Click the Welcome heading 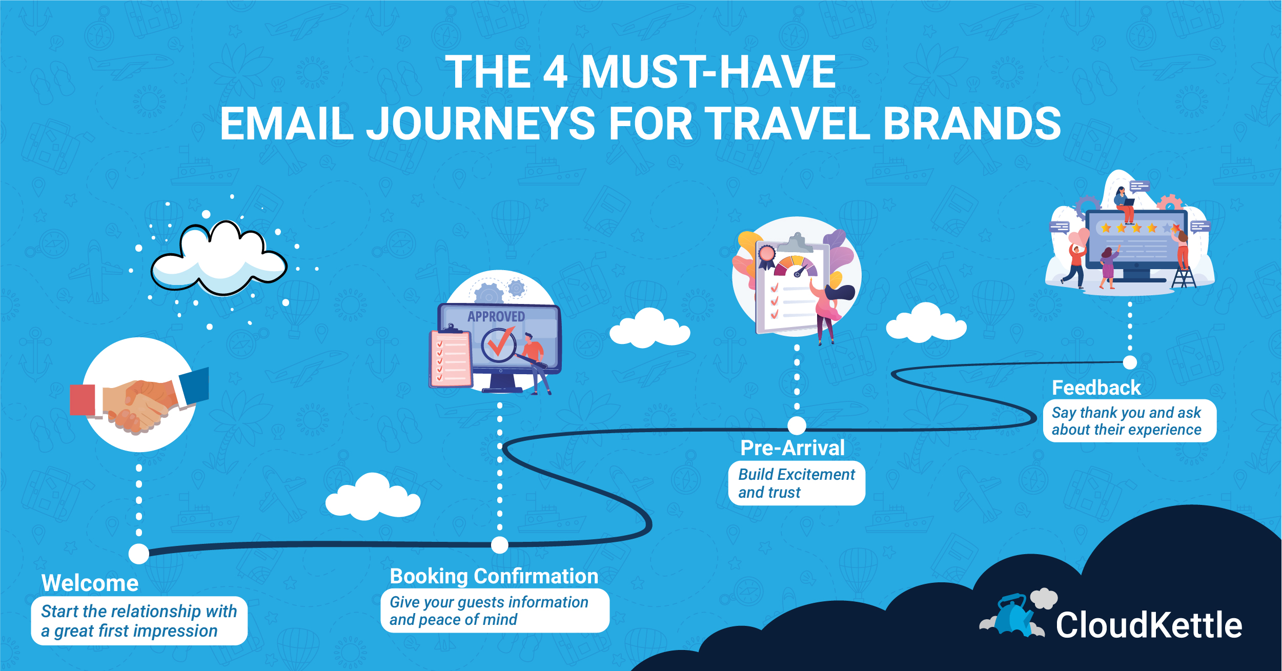(x=90, y=583)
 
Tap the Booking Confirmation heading (x=494, y=576)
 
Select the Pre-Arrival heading (x=792, y=448)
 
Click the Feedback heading (x=1096, y=388)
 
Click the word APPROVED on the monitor (x=496, y=316)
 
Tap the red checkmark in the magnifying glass (x=500, y=342)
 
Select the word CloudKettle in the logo (x=1149, y=625)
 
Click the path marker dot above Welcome (x=139, y=554)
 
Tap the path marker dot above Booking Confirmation (x=500, y=545)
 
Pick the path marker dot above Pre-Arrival (x=797, y=425)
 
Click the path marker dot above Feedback (x=1130, y=362)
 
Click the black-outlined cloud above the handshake (x=219, y=259)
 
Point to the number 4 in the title (x=555, y=72)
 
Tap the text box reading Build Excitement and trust (x=797, y=483)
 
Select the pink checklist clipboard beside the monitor (x=451, y=358)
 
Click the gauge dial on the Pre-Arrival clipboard (x=796, y=267)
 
